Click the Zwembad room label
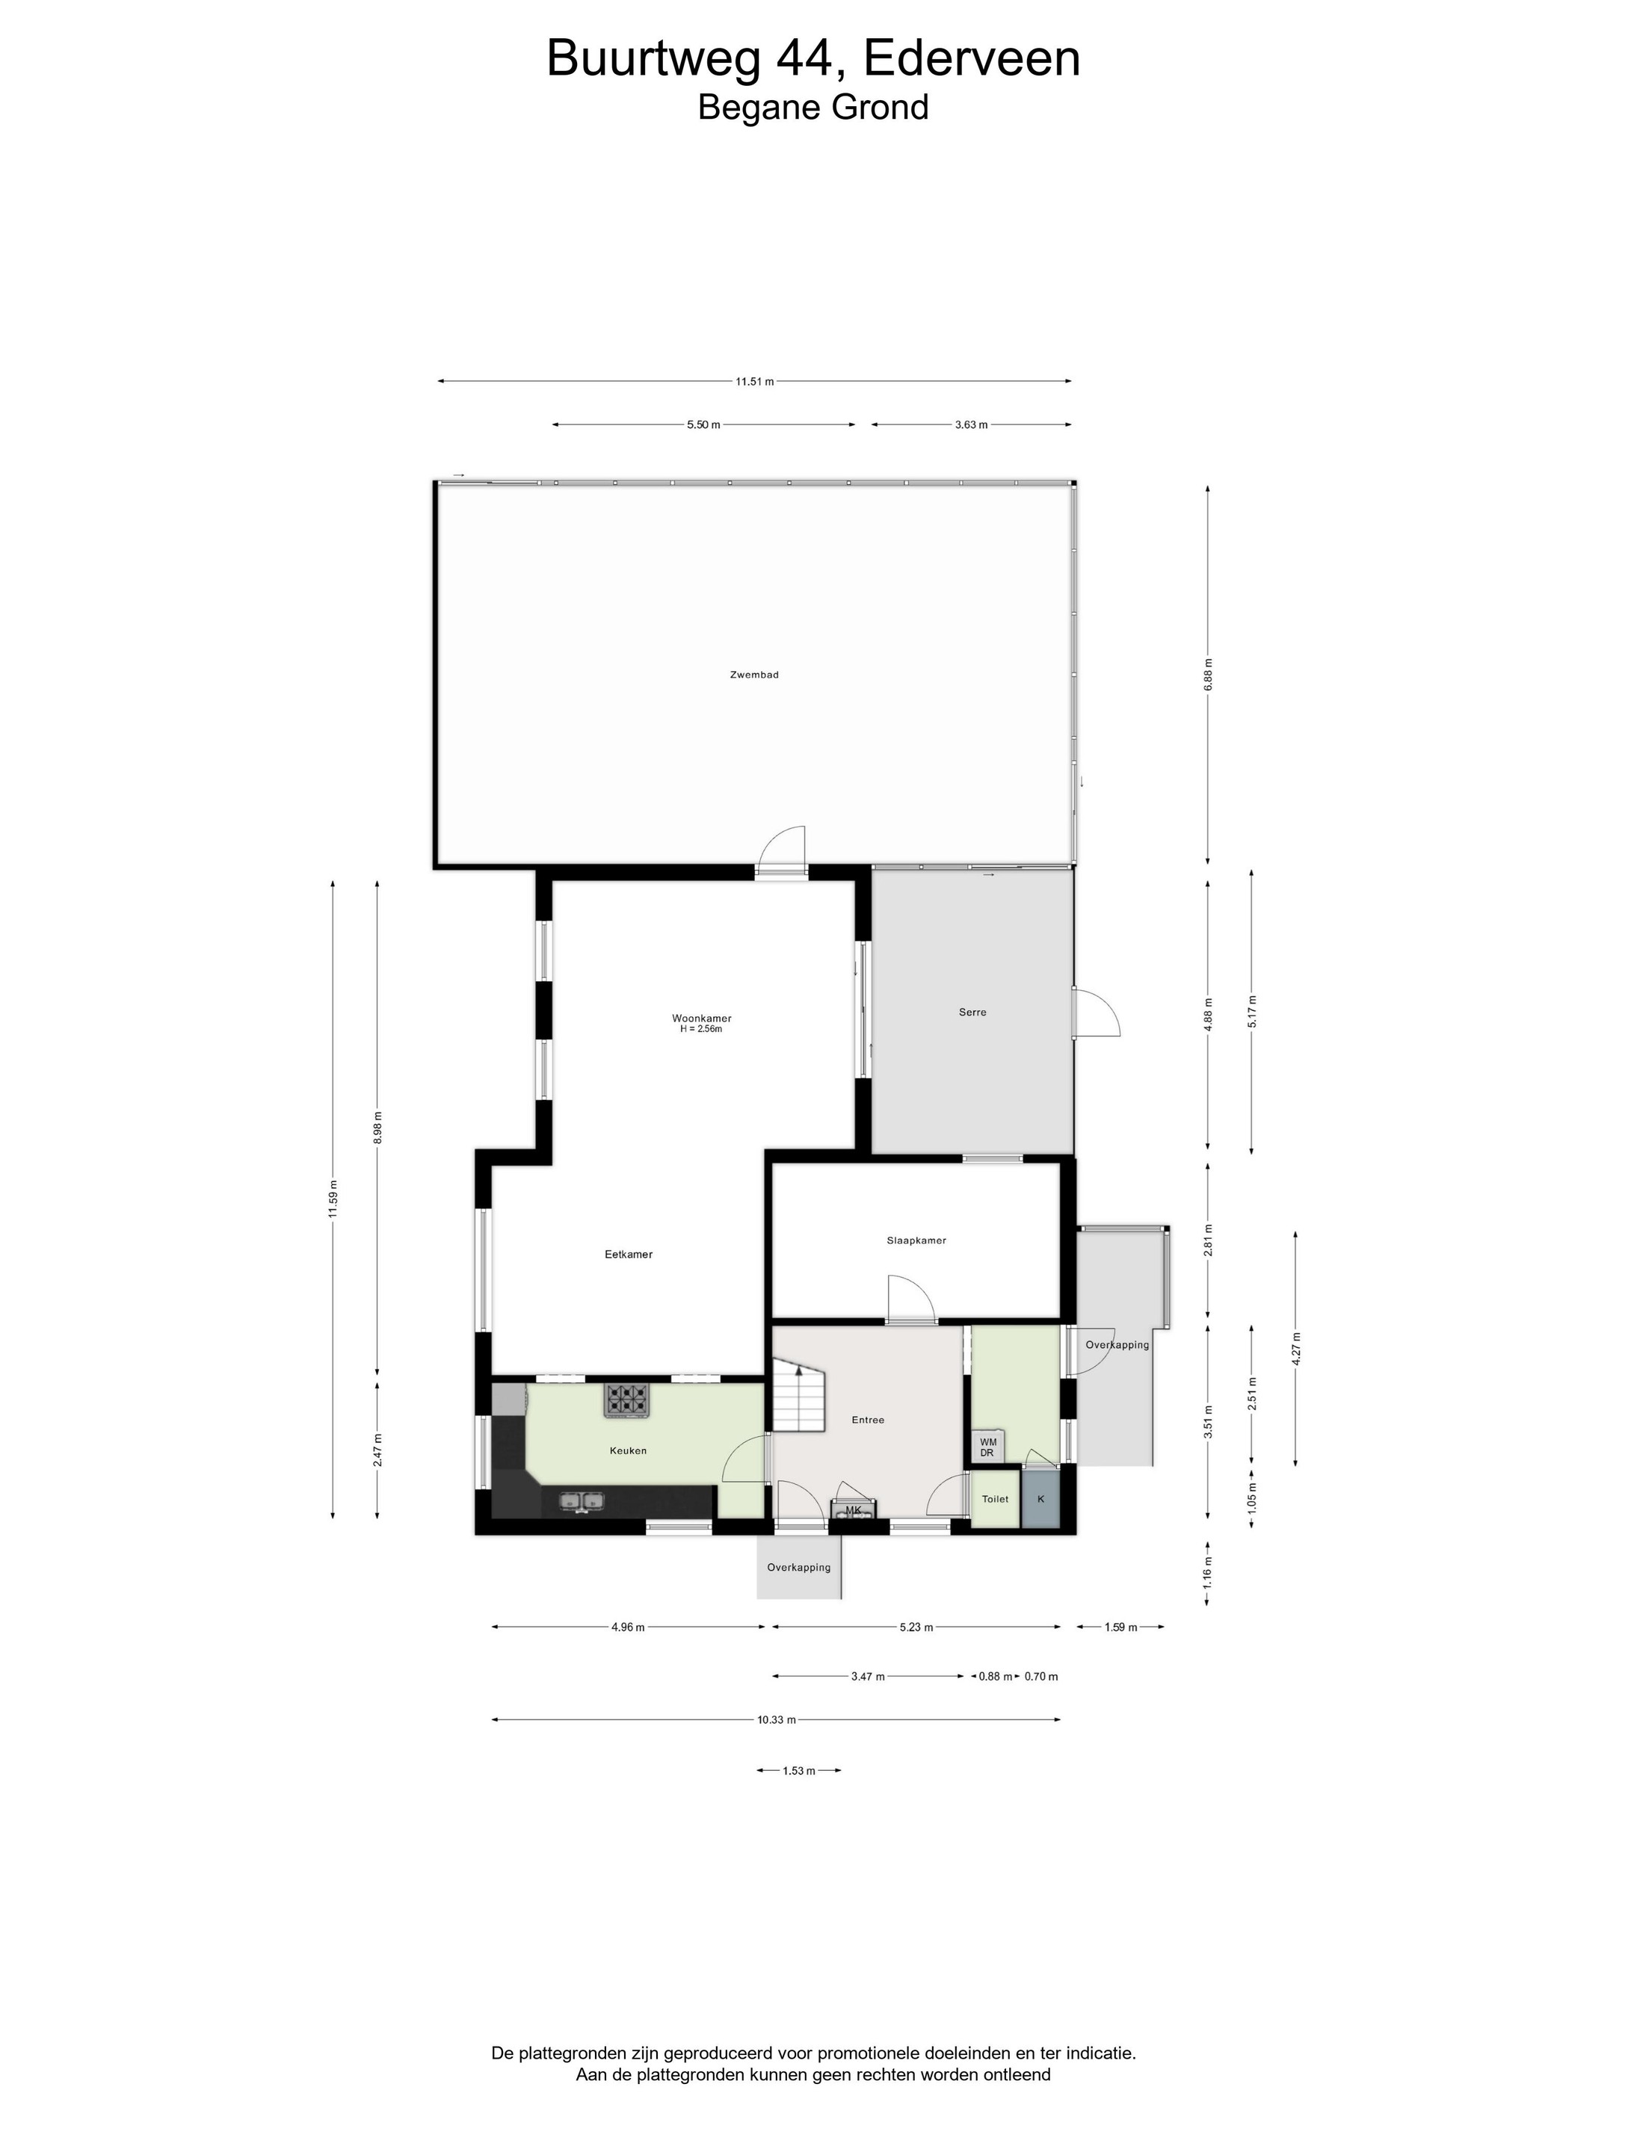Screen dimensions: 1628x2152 (x=754, y=674)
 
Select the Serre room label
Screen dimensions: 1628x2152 (x=972, y=1012)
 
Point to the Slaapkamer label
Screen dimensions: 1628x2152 (x=916, y=1240)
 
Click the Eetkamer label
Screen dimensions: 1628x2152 (x=629, y=1254)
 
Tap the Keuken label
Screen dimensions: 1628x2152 (x=628, y=1450)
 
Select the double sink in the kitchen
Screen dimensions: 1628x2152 (x=582, y=1502)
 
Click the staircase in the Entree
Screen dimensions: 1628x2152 (x=799, y=1397)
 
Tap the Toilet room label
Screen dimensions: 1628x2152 (x=994, y=1499)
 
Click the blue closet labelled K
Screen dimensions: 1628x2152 (x=1040, y=1499)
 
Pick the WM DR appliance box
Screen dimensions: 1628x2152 (x=987, y=1447)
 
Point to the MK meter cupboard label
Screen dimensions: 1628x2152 (x=854, y=1511)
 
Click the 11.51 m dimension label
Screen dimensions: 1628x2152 (x=755, y=381)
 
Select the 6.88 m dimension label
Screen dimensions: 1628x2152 (x=1209, y=674)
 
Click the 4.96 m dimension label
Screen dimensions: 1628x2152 (x=628, y=1627)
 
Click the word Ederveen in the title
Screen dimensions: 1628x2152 (x=971, y=58)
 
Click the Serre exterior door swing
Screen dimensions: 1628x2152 (x=1097, y=1012)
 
